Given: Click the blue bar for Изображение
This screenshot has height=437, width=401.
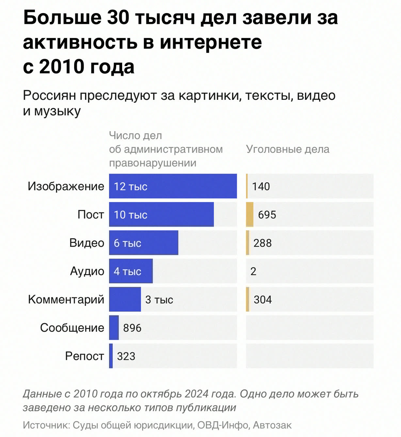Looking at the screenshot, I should (x=173, y=186).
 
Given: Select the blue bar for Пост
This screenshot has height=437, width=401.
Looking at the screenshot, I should (x=161, y=215).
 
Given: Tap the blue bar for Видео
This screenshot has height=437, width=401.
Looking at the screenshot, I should (x=144, y=243).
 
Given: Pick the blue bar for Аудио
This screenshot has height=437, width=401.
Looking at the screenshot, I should (x=131, y=271).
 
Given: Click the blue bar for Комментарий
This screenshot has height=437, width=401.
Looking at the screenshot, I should (x=125, y=299).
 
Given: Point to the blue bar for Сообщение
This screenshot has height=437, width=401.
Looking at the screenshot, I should (x=114, y=328).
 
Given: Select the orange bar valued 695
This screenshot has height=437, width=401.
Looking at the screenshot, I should (x=249, y=215).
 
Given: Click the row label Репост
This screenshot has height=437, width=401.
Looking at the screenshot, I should (x=85, y=356).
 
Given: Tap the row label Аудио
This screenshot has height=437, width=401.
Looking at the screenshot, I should (x=87, y=271).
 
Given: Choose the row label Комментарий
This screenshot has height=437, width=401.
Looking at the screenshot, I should (x=66, y=299).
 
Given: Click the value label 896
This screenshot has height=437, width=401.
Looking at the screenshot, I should (x=132, y=328).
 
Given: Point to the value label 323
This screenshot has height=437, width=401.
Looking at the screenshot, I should (x=126, y=356).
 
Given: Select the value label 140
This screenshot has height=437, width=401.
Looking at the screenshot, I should (x=261, y=186).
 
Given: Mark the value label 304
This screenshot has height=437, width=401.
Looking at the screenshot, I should (x=263, y=299).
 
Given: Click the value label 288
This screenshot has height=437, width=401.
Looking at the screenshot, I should (x=263, y=243).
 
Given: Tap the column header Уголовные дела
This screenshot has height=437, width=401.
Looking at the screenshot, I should (x=288, y=149).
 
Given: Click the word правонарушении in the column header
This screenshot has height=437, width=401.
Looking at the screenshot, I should (x=152, y=163).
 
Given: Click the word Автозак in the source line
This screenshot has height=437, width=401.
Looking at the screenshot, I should (x=272, y=425).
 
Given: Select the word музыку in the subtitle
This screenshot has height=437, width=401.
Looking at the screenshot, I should (x=57, y=111).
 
